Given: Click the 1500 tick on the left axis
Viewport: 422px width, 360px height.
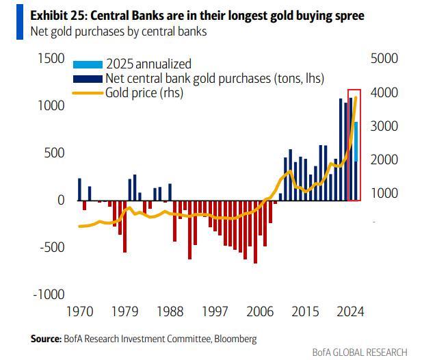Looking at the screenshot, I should click(x=48, y=60).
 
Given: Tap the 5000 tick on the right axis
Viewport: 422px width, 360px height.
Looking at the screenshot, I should click(x=383, y=60).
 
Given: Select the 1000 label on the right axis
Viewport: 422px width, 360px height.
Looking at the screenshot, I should click(x=383, y=194).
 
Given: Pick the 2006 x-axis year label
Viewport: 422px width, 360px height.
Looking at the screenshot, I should click(x=261, y=311).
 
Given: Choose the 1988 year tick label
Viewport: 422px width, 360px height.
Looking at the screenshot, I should click(x=170, y=311).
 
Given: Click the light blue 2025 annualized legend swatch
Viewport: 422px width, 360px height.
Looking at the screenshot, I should click(x=88, y=64).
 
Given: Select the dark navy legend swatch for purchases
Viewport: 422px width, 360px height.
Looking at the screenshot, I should click(x=88, y=78).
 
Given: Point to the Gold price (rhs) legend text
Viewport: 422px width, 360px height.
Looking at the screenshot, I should click(x=144, y=92).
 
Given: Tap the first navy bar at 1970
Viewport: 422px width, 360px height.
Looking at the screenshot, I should click(x=79, y=189).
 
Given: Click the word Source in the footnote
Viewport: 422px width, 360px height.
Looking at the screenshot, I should click(x=46, y=338).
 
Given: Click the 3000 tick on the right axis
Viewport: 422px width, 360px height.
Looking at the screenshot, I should click(x=383, y=127).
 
